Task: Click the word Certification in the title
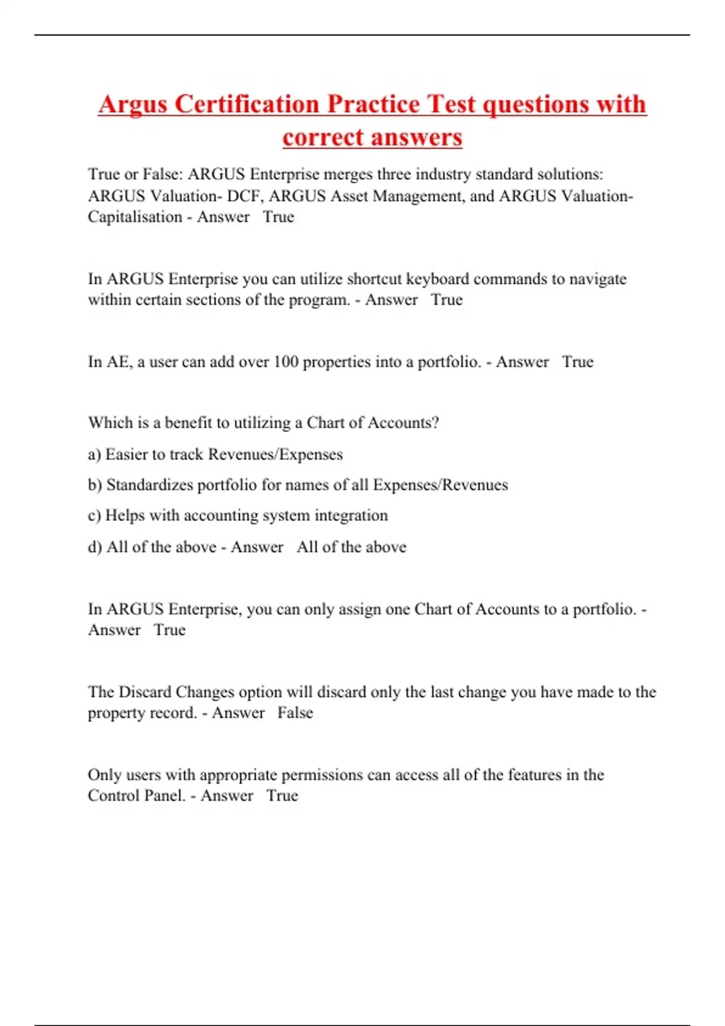(246, 104)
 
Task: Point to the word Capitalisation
(135, 217)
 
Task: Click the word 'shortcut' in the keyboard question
(374, 279)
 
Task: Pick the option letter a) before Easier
(94, 454)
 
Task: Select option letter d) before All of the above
(95, 547)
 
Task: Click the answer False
(295, 713)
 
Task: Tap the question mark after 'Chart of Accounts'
(436, 423)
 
